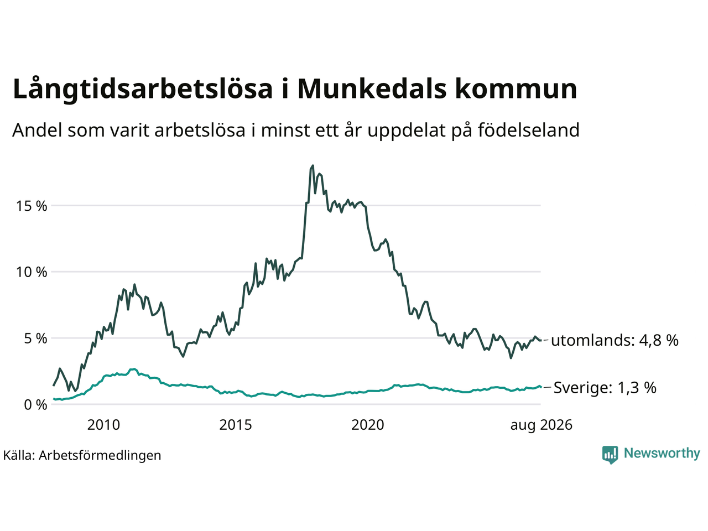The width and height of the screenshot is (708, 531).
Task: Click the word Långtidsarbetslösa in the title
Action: [143, 89]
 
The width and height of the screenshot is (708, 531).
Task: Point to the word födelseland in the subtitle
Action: [528, 130]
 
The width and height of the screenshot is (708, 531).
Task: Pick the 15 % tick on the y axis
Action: [32, 206]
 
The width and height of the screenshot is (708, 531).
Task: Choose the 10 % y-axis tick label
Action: [32, 272]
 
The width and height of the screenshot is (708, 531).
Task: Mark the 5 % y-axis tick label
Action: [35, 339]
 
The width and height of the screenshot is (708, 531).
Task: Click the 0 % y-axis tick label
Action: [35, 405]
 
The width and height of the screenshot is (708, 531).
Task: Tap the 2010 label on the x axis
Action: [103, 425]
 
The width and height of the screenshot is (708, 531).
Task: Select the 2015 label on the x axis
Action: [236, 425]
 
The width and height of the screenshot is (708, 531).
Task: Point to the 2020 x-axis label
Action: [368, 425]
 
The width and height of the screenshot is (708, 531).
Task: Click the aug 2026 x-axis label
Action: [541, 425]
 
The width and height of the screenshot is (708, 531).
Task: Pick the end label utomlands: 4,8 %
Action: [615, 341]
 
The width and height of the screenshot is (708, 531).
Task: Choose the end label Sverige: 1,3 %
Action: [605, 388]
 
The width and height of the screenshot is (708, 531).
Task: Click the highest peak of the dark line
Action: [313, 166]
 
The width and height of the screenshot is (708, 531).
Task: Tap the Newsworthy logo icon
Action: [610, 455]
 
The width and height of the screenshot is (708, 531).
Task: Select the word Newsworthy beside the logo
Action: [662, 454]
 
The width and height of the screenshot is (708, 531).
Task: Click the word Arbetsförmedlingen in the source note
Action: [100, 456]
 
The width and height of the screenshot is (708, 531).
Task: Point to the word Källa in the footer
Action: [19, 455]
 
